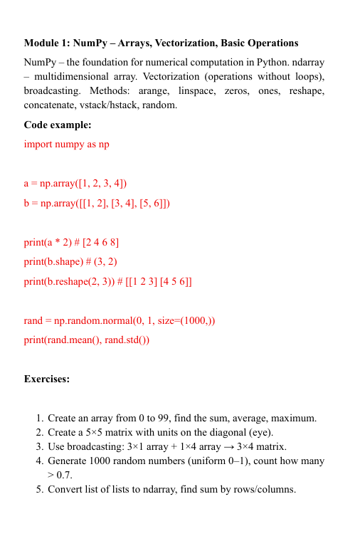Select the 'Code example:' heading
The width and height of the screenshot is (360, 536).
pos(58,125)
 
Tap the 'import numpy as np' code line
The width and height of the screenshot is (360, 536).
pos(67,144)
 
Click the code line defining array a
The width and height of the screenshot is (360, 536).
pos(75,184)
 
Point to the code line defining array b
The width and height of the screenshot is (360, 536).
pos(97,203)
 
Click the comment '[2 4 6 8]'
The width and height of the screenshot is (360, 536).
pos(100,243)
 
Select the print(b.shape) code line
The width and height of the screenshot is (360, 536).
pos(70,262)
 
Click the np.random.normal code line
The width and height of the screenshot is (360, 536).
pos(120,321)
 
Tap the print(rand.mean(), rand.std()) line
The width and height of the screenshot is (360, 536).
pos(87,340)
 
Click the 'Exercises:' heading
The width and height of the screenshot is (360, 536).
pos(47,379)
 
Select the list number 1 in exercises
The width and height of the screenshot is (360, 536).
pos(39,419)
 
